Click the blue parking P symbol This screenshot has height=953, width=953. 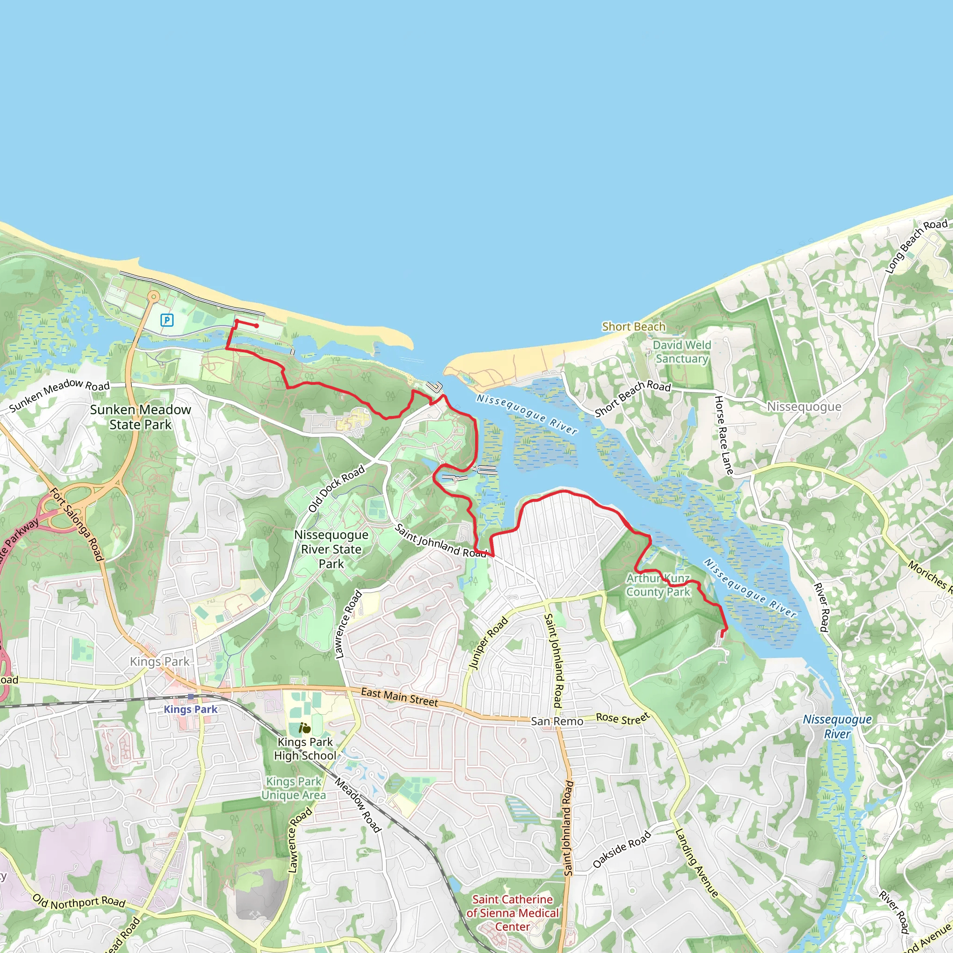(167, 320)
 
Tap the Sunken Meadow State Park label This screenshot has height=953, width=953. (140, 417)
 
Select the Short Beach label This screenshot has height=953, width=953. (633, 327)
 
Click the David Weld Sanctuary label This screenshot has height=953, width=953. (682, 352)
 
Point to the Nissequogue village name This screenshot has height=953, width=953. (804, 406)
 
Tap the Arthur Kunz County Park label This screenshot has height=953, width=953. (658, 585)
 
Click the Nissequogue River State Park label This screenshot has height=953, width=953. (331, 549)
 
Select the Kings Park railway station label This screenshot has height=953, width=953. (190, 709)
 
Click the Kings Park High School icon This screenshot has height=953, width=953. (305, 728)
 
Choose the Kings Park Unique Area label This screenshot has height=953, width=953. (294, 788)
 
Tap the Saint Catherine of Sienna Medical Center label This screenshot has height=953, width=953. (512, 913)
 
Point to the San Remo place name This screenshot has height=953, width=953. (557, 721)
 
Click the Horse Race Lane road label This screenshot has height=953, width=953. (724, 435)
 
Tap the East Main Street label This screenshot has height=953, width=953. (399, 697)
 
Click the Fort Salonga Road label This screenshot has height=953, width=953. (77, 524)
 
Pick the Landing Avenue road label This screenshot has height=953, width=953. (697, 862)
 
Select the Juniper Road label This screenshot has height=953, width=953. (488, 643)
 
